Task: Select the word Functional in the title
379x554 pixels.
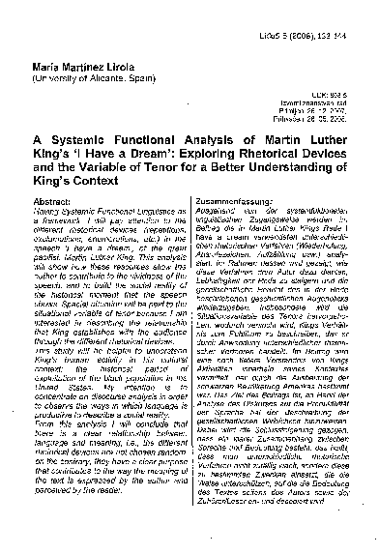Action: point(135,157)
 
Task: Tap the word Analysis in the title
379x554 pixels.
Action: point(200,157)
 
